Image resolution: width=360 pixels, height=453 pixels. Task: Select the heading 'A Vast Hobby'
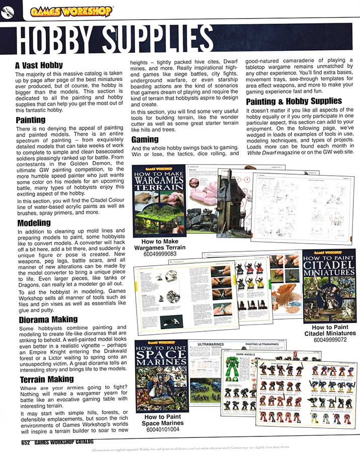click(x=39, y=65)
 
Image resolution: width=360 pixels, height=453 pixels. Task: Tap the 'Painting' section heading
click(x=30, y=120)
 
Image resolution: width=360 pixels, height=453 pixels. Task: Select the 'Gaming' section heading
click(x=145, y=139)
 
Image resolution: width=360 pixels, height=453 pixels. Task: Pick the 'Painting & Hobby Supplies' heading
click(x=287, y=101)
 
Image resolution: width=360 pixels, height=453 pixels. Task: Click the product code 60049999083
click(x=160, y=254)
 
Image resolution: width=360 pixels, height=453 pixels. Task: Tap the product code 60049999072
click(x=330, y=340)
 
